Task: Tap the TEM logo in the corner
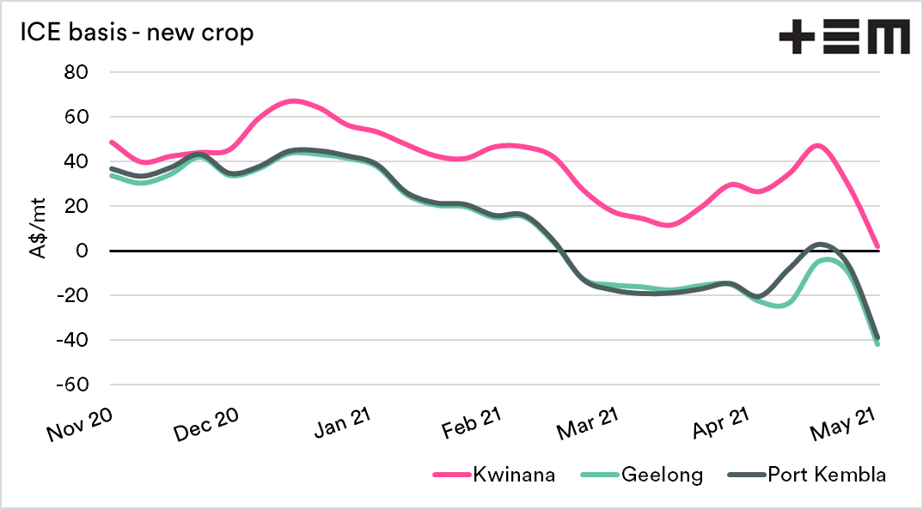[844, 39]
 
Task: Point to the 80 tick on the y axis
[76, 72]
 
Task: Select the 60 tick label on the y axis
[76, 117]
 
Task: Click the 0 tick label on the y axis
[83, 251]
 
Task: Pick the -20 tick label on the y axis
[72, 295]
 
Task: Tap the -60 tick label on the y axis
[72, 385]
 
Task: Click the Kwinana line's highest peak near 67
[293, 100]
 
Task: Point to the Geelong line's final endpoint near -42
[877, 343]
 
